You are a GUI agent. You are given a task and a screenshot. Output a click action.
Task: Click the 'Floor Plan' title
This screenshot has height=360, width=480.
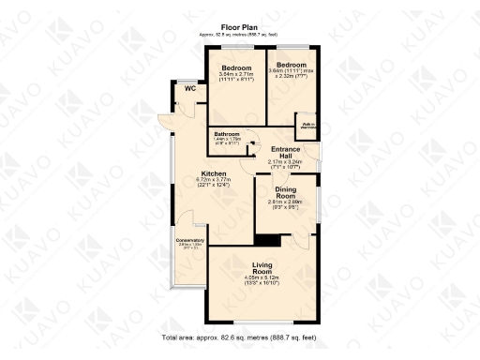(240, 27)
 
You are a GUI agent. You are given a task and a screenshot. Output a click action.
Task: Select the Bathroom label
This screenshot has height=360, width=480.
(228, 135)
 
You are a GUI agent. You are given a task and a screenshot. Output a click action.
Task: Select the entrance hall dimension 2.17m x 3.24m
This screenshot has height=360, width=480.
(286, 165)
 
